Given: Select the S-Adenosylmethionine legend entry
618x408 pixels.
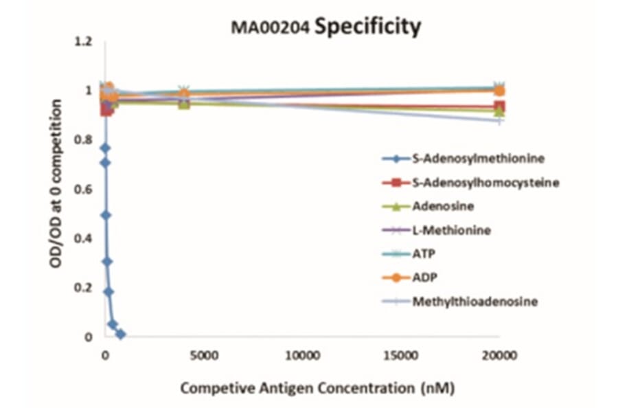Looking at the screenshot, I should coord(478,158).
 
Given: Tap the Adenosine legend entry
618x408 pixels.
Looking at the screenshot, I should coord(443,205).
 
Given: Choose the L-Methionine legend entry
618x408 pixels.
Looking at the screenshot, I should coord(451,229).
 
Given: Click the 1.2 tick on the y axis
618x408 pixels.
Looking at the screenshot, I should coord(84,42).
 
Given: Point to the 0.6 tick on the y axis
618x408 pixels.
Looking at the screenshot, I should coord(84,190).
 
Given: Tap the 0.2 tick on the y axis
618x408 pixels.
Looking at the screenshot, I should coord(84,288).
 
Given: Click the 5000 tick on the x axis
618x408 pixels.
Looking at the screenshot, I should coord(203,356).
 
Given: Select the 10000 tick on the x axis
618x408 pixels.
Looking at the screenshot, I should coord(301,356).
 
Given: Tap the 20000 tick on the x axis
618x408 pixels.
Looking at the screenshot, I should coord(498,356).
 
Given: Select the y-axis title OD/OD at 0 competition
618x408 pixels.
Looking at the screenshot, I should coord(58,189).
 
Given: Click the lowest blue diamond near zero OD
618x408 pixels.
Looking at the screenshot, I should coord(121,334).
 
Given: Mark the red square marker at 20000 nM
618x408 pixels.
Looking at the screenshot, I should coord(499,107).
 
